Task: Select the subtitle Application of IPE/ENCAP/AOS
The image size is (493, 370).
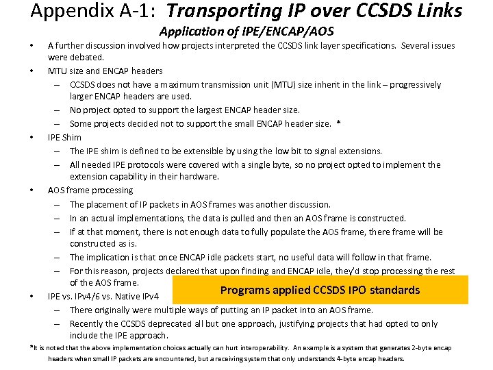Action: (246, 32)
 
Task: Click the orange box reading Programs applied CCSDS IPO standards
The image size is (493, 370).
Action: (320, 290)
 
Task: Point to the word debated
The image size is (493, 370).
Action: (88, 58)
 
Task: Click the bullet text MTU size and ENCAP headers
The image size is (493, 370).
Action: (105, 71)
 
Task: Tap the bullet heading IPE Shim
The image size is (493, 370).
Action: (64, 137)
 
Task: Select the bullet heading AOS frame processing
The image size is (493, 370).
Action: (90, 190)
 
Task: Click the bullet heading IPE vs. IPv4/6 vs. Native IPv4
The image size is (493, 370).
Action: (103, 297)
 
